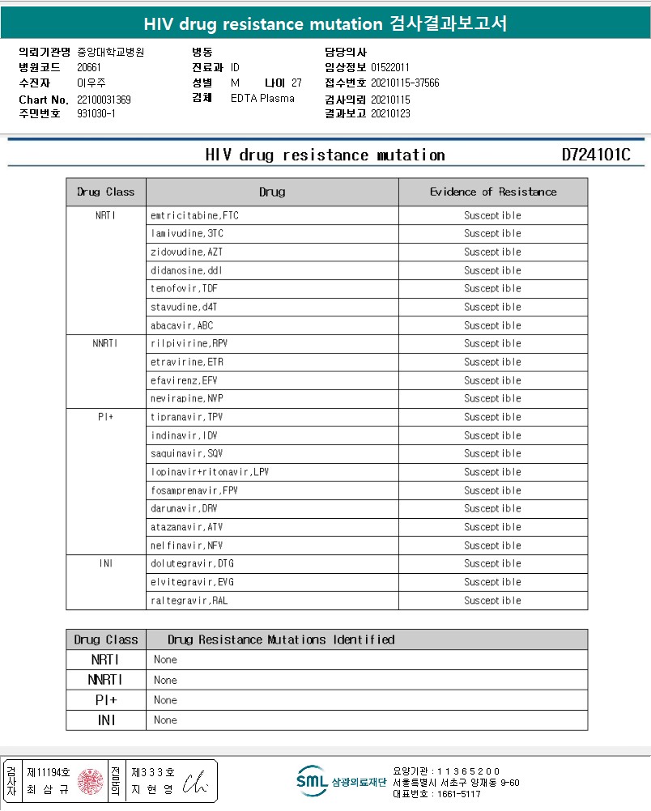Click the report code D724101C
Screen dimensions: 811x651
pos(595,155)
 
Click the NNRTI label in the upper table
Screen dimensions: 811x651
pos(106,343)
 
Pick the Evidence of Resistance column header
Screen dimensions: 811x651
pos(492,192)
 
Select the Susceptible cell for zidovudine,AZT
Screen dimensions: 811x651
pos(492,252)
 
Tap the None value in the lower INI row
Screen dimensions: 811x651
pos(165,720)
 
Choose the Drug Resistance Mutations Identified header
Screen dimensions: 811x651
pos(281,639)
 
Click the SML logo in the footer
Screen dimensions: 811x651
pos(311,780)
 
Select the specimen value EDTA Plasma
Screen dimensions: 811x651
pos(262,99)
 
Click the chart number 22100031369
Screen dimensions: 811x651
pos(104,100)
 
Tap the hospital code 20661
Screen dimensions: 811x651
pos(89,67)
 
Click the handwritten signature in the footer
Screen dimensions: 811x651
pos(195,782)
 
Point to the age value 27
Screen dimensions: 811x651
pos(296,83)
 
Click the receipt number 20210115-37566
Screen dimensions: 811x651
pos(405,83)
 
